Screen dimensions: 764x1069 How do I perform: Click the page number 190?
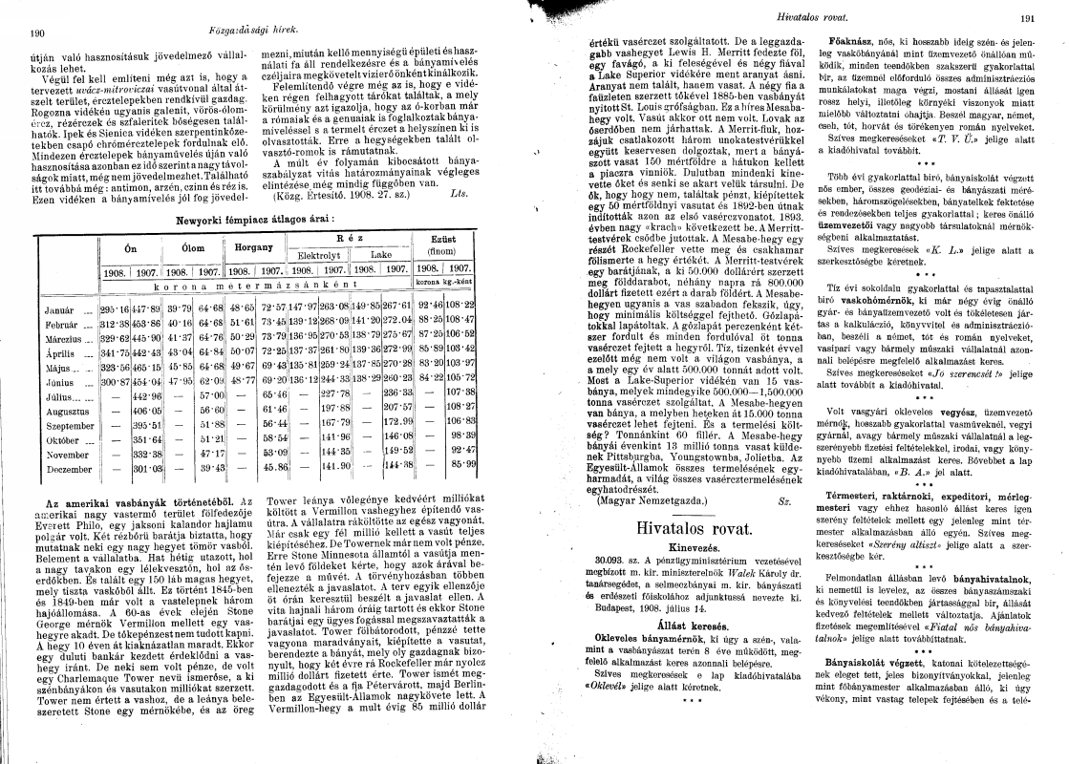[x=38, y=33]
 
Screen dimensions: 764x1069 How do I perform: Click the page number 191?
[x=1028, y=18]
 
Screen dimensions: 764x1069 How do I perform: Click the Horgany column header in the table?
[x=247, y=245]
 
